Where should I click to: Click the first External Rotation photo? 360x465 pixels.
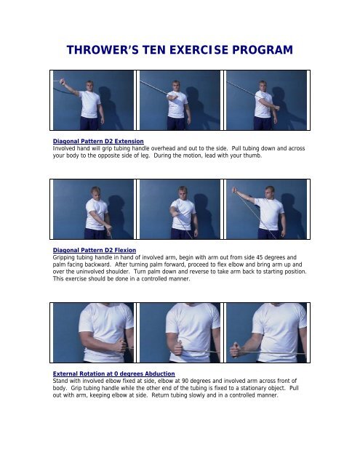tap(93, 332)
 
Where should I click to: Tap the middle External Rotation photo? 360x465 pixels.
tap(180, 332)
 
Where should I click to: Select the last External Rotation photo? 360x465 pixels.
tap(265, 332)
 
